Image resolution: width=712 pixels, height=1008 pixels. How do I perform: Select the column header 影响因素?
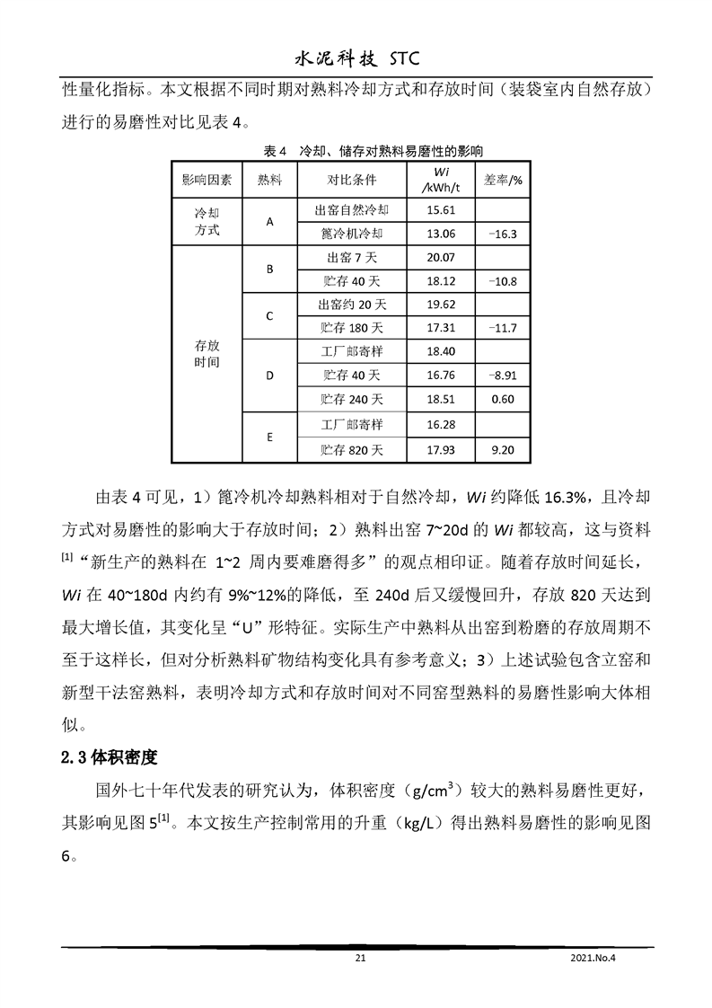tap(207, 179)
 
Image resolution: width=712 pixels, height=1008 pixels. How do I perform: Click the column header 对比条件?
tap(351, 179)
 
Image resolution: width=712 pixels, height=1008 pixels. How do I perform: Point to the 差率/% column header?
tap(503, 179)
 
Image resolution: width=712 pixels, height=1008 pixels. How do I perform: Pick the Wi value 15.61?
tap(441, 210)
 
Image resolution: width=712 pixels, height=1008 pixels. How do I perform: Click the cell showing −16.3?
tap(503, 234)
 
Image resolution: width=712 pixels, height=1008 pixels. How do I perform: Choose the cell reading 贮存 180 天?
tap(351, 328)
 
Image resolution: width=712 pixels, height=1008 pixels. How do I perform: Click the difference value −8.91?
tap(503, 375)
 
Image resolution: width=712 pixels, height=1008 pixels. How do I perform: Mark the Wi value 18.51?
tap(441, 399)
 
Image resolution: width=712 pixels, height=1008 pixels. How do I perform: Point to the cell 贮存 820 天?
tap(351, 448)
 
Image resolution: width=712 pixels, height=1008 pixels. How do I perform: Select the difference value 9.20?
tap(503, 448)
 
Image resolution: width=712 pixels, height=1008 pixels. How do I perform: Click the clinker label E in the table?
tap(270, 437)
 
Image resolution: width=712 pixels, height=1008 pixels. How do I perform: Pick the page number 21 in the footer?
tap(361, 959)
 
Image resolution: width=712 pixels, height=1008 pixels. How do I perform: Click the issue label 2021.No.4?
tap(595, 959)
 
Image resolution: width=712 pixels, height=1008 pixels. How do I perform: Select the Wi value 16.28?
tap(441, 424)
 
